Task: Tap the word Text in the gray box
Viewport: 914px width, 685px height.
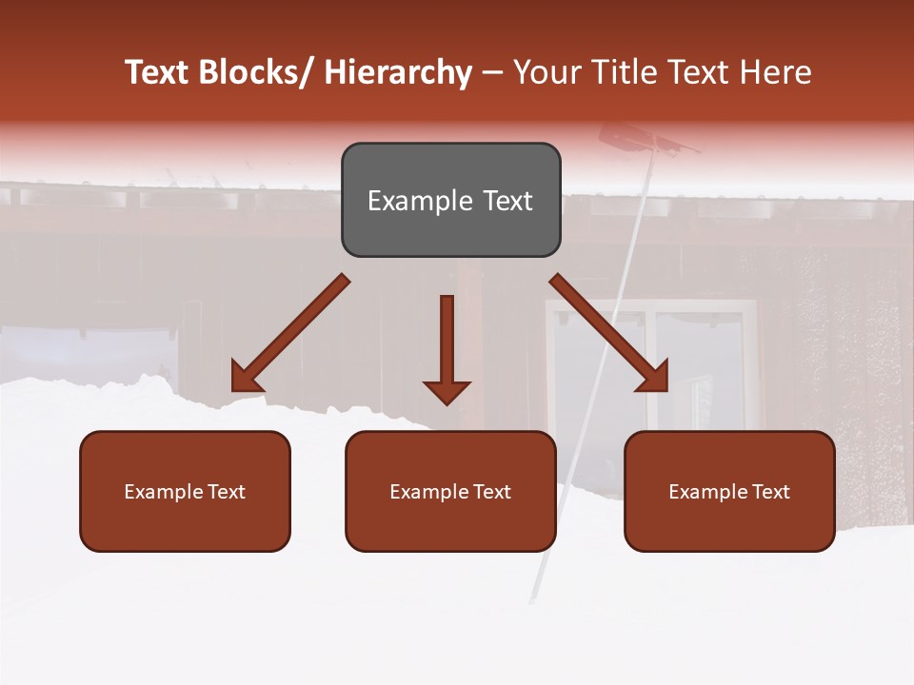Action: (507, 201)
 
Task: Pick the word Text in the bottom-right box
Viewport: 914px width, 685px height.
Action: (771, 492)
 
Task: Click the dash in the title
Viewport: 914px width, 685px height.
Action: (491, 73)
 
